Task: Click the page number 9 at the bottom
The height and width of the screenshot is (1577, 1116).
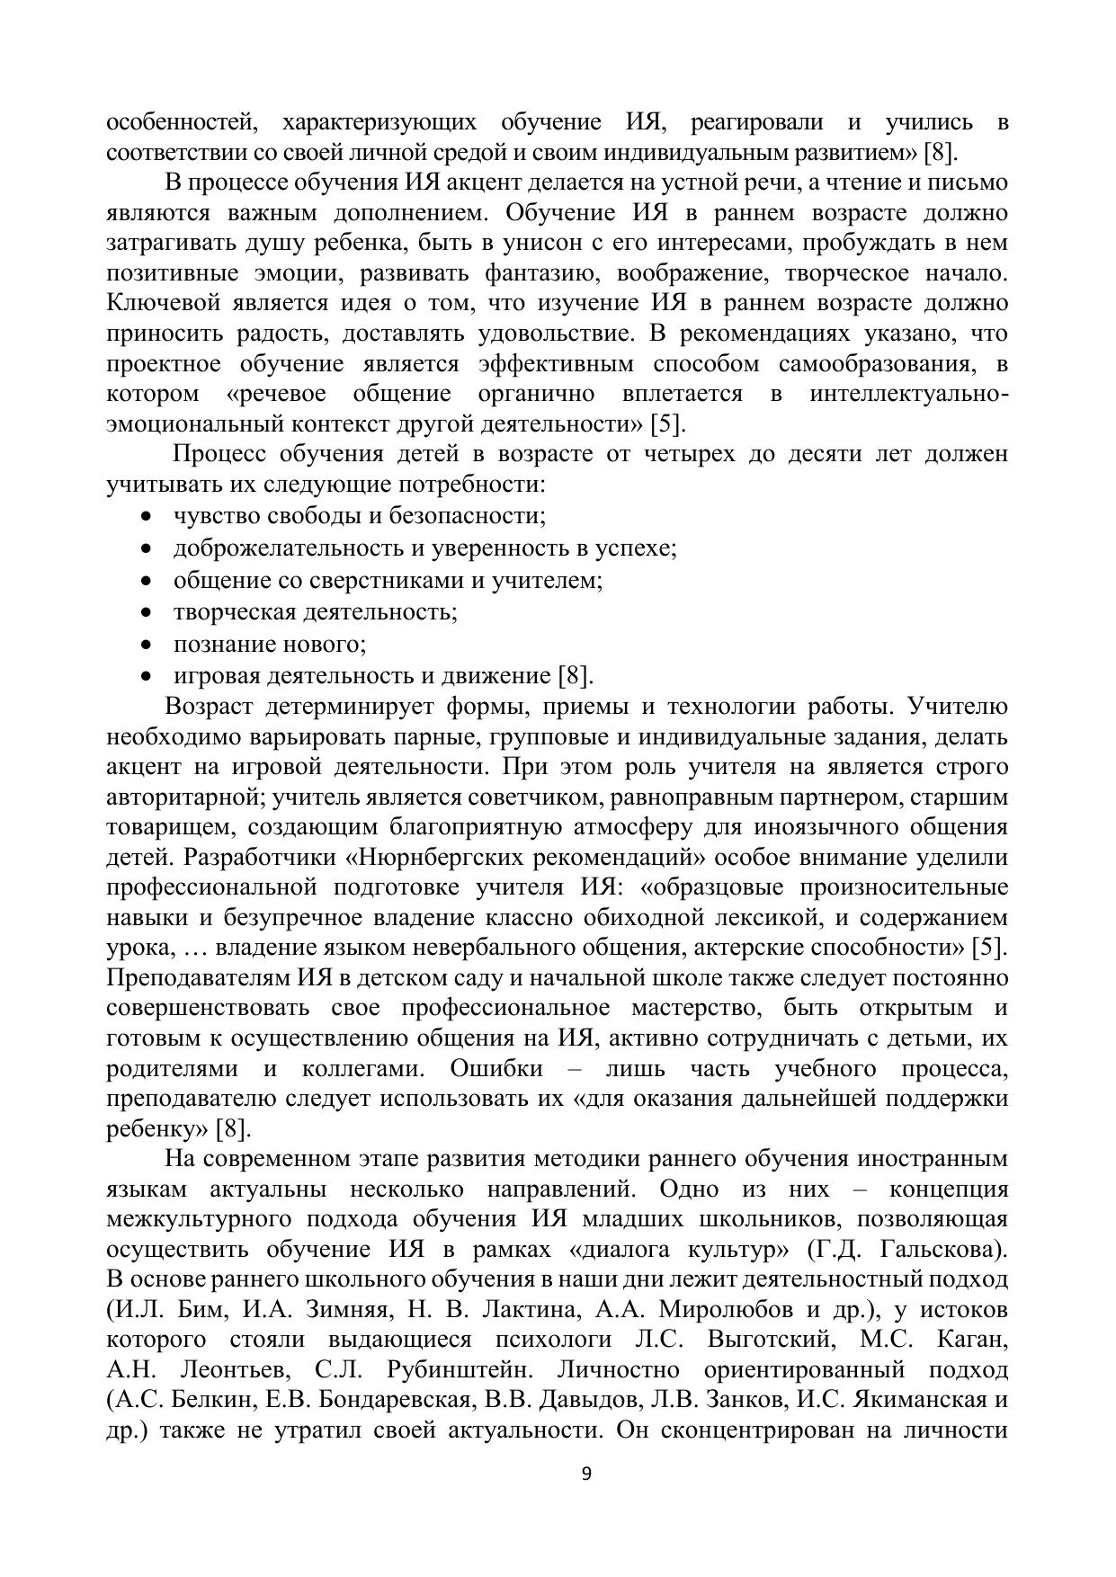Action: (x=586, y=1473)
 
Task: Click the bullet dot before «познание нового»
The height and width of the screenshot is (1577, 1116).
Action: (x=147, y=645)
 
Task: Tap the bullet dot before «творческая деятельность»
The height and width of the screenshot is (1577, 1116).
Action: (x=147, y=612)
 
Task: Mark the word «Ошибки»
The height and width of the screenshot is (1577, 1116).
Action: (x=496, y=1068)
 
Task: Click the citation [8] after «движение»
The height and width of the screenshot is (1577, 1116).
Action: (x=576, y=675)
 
